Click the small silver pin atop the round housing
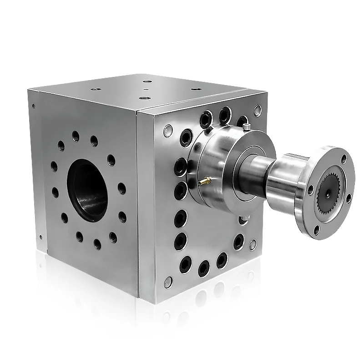pos(246,124)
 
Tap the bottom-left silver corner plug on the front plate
pos(168,282)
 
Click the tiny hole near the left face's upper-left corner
pos(34,106)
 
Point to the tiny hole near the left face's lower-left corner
pos(41,237)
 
